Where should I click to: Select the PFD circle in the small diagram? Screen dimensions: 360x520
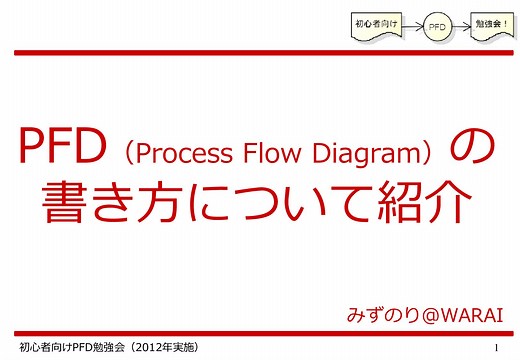(437, 25)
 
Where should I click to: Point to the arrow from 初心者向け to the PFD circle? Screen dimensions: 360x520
(412, 25)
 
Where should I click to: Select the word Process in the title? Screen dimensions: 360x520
(179, 153)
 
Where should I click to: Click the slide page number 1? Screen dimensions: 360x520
(497, 347)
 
